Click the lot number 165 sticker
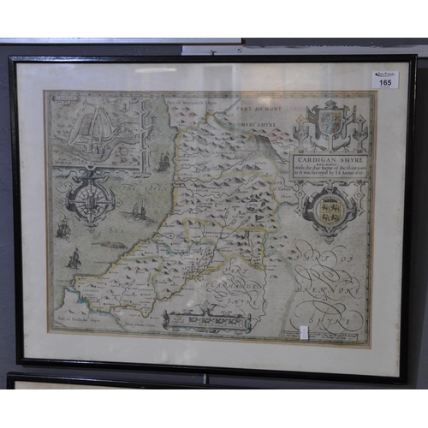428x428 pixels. [385, 80]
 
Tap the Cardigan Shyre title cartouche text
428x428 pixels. [331, 166]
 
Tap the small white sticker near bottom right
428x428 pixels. [305, 332]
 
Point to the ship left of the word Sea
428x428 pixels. [62, 228]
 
